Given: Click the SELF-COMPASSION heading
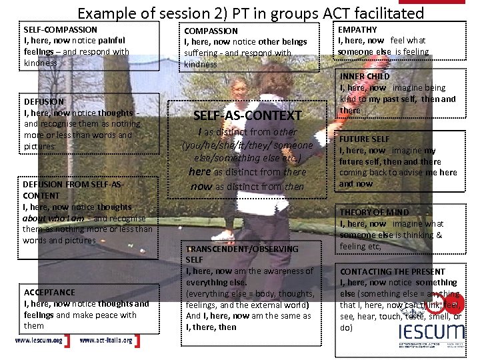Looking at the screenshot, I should tap(60, 29).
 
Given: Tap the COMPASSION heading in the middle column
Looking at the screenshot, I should tap(211, 31).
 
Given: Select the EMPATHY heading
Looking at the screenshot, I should tap(357, 29).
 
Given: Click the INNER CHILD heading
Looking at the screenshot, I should tap(365, 77).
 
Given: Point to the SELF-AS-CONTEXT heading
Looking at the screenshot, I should tap(247, 115).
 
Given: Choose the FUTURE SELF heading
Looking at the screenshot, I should tap(365, 139).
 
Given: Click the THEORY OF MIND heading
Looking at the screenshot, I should tap(374, 213).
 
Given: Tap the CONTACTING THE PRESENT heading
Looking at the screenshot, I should tap(392, 271).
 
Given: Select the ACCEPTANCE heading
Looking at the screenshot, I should tap(49, 292).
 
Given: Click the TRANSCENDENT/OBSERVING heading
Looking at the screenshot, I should tap(242, 249).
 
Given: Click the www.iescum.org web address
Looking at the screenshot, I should tap(39, 341).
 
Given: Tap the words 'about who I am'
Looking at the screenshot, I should tap(53, 218).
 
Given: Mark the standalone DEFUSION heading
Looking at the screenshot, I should tap(43, 102).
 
